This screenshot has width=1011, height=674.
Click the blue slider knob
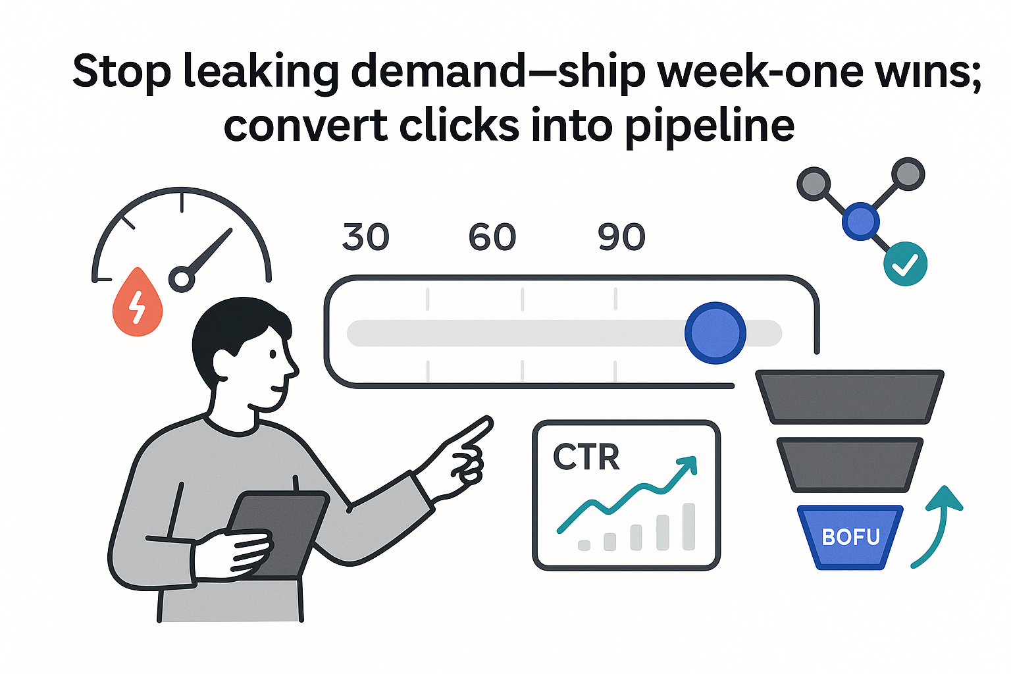coord(715,333)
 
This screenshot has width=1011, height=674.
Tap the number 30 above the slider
coord(366,238)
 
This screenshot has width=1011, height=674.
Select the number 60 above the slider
coord(492,238)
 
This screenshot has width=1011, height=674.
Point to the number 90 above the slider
coord(621,238)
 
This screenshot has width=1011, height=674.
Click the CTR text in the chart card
coord(586,457)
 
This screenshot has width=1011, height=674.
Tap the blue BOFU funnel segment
coord(850,536)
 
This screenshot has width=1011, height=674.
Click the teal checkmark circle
coord(905,264)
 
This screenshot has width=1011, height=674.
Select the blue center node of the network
coord(861,221)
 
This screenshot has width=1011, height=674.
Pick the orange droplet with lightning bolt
coord(138,303)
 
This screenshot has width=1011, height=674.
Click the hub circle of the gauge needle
coord(182,280)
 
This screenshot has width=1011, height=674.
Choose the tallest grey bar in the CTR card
coord(688,527)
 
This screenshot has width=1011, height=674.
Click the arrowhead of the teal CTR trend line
coord(687,465)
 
